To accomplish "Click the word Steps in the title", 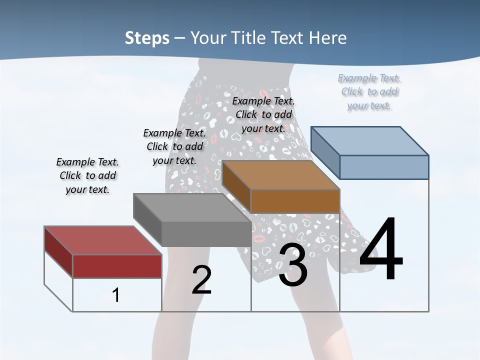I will pos(146,38).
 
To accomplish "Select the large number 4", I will pos(381,250).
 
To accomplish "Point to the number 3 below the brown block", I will pos(293,265).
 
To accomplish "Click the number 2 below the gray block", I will pos(201,280).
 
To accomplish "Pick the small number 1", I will pos(116,295).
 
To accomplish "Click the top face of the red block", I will pos(102,240).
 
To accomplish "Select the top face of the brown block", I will pos(280,175).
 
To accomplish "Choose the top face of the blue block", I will pos(370,140).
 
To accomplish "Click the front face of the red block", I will pos(117,266).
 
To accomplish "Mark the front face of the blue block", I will pos(384,167).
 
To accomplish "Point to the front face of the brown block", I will pos(295,201).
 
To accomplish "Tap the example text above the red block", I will pos(87,175).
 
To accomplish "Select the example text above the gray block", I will pos(174,146).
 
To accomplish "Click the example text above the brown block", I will pos(263,114).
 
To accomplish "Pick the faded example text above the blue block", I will pos(369,91).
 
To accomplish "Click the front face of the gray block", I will pos(206,234).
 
